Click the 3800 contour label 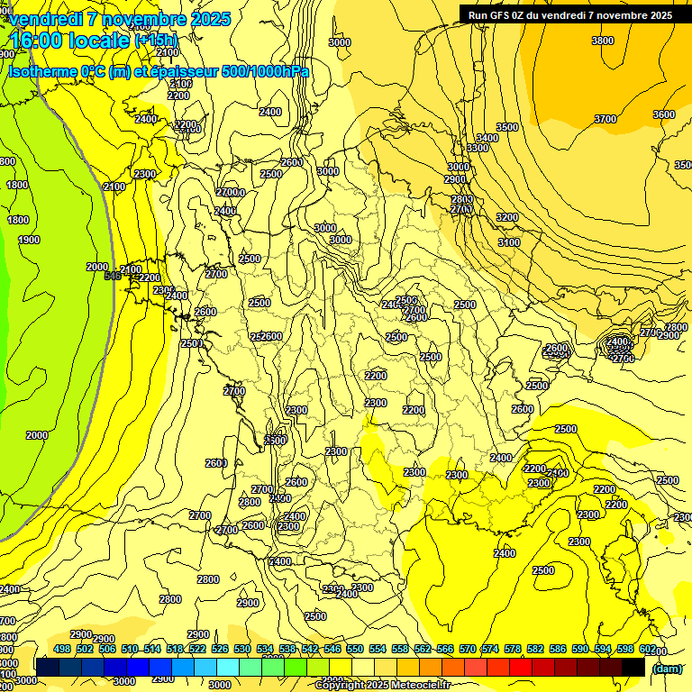pos(603,41)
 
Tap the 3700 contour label pos(605,119)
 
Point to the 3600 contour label pos(663,114)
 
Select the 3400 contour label pos(487,138)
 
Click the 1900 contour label pos(29,240)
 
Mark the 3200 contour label pos(507,217)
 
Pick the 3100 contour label pos(509,242)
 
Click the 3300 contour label pos(478,148)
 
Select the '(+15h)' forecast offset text pos(156,41)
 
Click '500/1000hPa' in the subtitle pos(266,72)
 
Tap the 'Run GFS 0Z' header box pos(565,15)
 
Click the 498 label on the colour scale pos(62,649)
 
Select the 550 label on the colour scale pos(355,649)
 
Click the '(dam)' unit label pos(667,668)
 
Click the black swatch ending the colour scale pos(633,667)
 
